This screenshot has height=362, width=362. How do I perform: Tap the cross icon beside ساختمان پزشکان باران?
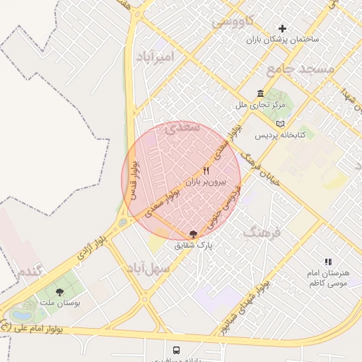point(283,29)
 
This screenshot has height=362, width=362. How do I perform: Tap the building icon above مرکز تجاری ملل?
point(261,94)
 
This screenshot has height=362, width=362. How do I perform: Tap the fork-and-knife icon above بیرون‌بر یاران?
point(206,171)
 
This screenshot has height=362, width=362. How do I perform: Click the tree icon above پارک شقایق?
point(194,233)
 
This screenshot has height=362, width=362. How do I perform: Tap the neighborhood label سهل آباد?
point(149,269)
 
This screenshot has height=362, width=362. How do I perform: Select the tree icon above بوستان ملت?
point(59,292)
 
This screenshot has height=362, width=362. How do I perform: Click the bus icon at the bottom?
point(176,349)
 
